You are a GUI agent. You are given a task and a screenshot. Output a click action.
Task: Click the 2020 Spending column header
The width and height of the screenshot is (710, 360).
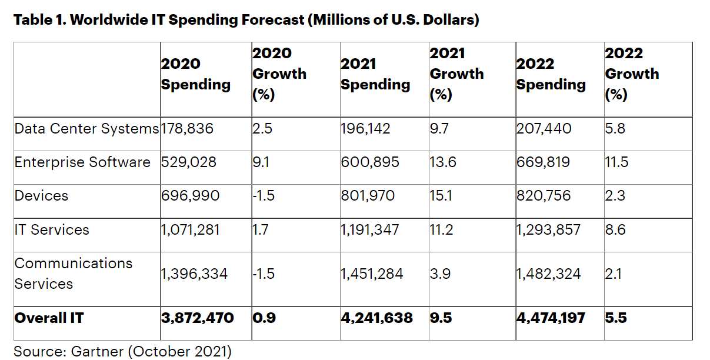tap(195, 74)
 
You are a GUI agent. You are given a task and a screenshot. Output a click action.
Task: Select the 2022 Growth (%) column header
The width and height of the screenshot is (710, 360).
tap(632, 74)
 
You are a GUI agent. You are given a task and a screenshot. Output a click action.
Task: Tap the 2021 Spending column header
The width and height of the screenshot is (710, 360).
tap(375, 74)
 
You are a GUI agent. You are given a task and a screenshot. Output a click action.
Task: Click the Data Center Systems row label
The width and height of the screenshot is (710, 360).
tap(86, 128)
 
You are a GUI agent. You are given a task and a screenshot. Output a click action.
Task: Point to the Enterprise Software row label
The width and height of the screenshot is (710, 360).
tap(82, 162)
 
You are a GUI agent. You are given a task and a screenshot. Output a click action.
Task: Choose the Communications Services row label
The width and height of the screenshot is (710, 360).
tap(74, 274)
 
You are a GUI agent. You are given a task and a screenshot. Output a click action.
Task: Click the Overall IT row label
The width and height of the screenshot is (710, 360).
tap(49, 318)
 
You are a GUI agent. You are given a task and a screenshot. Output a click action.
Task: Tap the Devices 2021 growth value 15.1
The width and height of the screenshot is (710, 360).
tap(441, 195)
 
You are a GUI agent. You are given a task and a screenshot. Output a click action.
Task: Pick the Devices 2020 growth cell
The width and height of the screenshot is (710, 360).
tap(263, 195)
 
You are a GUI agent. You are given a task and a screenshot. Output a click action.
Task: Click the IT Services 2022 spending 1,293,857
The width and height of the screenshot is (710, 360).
tap(548, 229)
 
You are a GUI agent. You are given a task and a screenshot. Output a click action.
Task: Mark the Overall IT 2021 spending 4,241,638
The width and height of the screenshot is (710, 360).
tap(376, 318)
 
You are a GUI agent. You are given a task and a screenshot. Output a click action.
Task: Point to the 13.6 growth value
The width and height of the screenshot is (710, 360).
tap(443, 162)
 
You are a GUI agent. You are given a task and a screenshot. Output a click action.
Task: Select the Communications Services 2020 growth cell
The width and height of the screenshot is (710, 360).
tap(263, 274)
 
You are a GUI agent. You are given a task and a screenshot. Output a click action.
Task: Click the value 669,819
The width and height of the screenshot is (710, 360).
tap(543, 162)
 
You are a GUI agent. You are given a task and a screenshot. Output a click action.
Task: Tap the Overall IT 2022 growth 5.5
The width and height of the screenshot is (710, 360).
tap(616, 318)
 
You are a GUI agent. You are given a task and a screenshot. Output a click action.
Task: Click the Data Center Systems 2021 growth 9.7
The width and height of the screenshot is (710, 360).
tap(440, 128)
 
